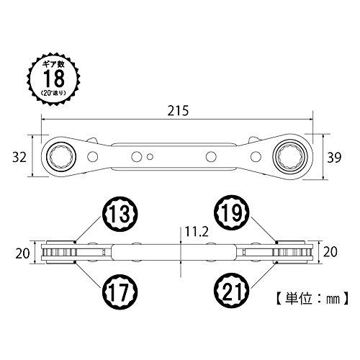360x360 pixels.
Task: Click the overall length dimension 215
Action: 178,111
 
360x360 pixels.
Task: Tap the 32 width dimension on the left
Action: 19,158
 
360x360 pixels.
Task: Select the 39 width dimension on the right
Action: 334,158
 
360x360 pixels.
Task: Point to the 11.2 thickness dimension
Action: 197,232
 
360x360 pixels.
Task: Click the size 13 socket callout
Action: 120,214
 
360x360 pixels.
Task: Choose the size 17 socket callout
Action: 120,292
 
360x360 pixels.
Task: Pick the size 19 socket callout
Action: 232,212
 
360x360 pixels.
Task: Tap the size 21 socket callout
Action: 232,292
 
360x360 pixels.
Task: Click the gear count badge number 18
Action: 54,78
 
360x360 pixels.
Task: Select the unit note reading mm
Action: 333,299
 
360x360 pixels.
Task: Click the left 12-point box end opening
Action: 61,157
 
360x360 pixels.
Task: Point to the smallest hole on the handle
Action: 150,157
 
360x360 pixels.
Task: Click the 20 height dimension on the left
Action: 22,253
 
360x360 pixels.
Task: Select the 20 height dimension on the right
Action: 330,252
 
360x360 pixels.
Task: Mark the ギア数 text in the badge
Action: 53,64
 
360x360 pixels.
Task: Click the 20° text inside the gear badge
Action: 48,93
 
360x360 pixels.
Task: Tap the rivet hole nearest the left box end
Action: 93,157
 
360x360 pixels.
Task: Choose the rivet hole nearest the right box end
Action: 256,157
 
